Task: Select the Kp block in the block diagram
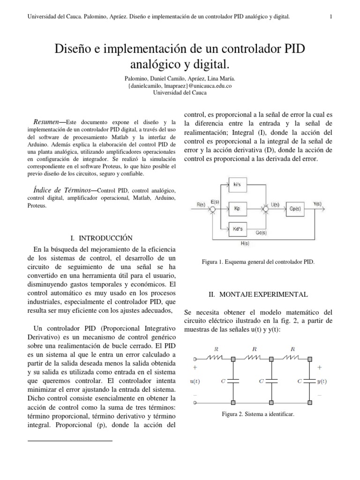tap(237, 206)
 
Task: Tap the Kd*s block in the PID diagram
tap(237, 227)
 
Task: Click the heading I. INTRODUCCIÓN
tap(101, 238)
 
